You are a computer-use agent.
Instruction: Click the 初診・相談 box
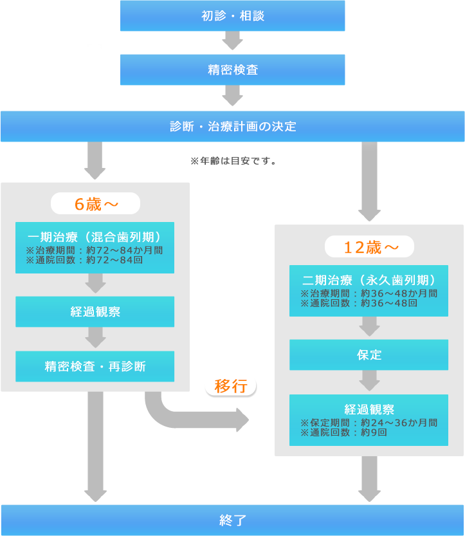232,16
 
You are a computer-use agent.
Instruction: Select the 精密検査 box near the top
232,69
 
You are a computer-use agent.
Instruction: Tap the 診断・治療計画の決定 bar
232,126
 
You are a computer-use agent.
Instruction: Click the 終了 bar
232,520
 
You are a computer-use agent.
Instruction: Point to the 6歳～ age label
95,204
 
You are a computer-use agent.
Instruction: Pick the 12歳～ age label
369,247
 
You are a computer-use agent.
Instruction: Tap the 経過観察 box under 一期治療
95,312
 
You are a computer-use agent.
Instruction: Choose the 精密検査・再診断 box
95,367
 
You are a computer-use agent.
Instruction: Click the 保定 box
369,355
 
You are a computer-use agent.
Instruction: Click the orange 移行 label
231,386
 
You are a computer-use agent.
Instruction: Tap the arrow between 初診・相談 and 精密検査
232,41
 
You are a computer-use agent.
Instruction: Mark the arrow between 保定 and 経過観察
369,381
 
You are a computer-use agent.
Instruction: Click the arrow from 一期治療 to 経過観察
95,284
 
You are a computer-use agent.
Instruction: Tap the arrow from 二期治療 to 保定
369,326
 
